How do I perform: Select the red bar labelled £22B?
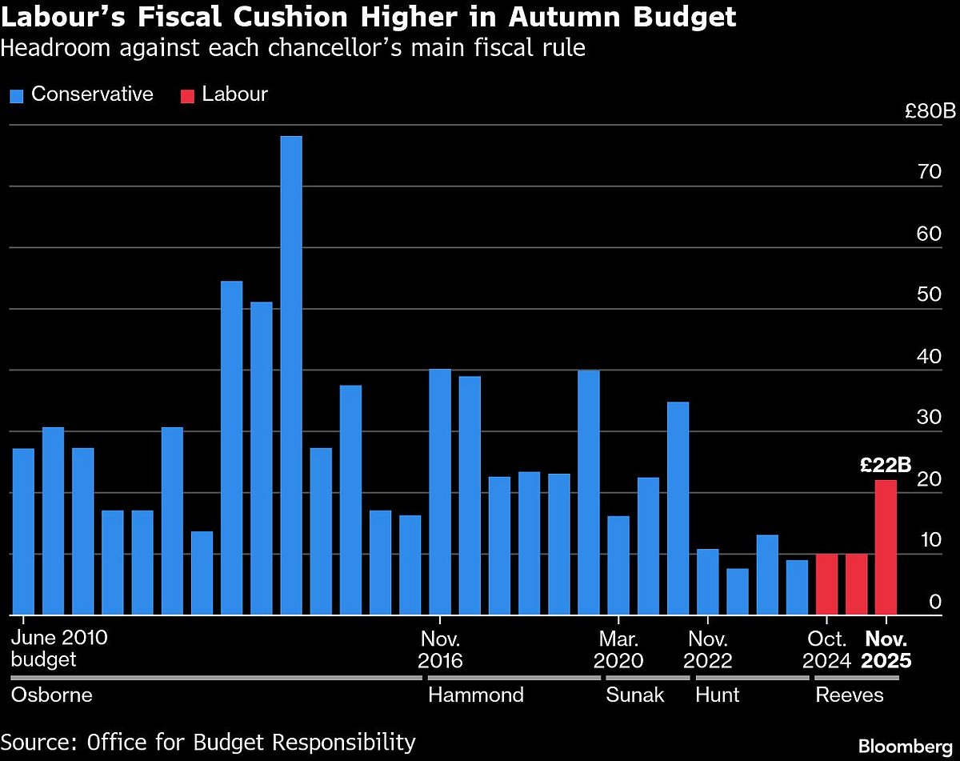(x=886, y=547)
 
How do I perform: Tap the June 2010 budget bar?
(x=23, y=531)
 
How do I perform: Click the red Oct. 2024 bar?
(x=826, y=584)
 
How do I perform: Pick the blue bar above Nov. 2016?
(x=440, y=491)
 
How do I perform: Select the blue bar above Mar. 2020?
(x=618, y=565)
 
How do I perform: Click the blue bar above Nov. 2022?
(x=707, y=582)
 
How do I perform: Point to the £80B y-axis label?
(x=930, y=112)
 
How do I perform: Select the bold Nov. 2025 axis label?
(x=886, y=650)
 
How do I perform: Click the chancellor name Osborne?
(x=51, y=695)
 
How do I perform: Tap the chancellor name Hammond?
(x=475, y=695)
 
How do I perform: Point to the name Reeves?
(x=849, y=695)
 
